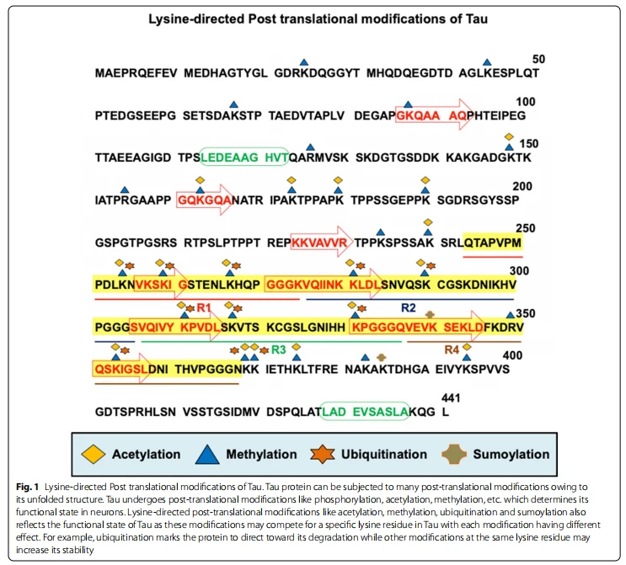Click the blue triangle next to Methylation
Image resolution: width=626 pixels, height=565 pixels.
point(207,455)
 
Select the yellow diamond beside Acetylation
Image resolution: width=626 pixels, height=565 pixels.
point(93,455)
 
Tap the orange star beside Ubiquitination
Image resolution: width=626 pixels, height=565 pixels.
point(323,455)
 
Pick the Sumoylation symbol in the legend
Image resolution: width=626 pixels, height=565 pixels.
point(454,455)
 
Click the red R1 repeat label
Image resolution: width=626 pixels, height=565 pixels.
point(204,307)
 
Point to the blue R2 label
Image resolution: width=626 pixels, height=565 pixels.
point(409,307)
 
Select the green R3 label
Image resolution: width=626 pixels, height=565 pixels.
point(279,350)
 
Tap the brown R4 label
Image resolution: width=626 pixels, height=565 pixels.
point(452,350)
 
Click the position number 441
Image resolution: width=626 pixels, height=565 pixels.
point(451,397)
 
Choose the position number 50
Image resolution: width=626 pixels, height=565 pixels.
point(538,59)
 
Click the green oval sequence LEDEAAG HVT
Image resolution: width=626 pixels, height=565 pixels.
point(244,157)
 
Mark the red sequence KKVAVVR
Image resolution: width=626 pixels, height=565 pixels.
point(319,243)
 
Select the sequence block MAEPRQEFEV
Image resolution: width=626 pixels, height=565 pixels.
point(136,73)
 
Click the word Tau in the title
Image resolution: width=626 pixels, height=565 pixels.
point(476,19)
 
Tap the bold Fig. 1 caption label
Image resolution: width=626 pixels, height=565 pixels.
point(27,487)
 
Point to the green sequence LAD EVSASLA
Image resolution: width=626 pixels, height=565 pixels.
point(366,412)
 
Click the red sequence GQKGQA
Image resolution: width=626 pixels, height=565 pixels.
point(204,200)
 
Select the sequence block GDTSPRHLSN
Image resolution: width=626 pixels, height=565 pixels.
point(136,412)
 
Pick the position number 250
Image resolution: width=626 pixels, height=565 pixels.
point(526,228)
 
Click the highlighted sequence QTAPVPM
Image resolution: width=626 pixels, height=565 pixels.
point(493,243)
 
